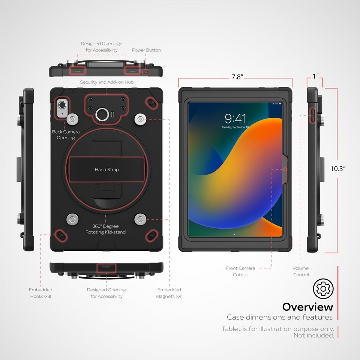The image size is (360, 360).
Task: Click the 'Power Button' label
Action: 146,50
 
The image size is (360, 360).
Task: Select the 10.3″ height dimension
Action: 338,169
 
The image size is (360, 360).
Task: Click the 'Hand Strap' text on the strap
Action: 106,170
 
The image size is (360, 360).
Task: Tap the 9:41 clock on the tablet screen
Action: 235,119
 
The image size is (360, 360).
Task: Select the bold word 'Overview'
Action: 307,307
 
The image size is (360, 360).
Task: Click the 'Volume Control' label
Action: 301,271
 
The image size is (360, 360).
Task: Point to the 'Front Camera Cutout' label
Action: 240,271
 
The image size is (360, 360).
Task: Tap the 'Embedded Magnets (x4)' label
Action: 169,293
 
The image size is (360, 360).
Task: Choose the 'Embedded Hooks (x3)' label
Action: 40,293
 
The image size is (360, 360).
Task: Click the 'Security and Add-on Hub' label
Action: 106,82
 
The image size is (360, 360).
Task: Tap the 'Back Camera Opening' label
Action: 66,135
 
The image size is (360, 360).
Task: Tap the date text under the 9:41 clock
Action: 235,128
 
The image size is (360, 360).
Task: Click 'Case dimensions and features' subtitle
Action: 279,318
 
